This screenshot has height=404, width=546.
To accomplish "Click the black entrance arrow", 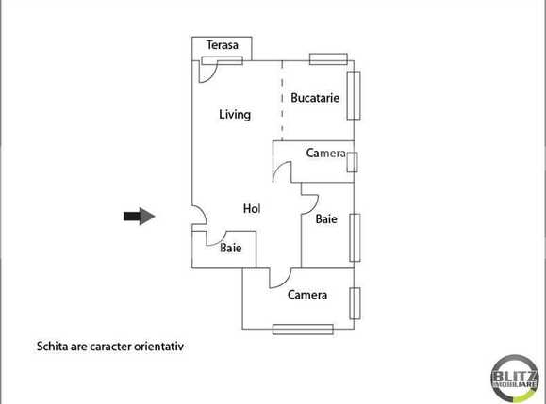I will click(139, 217).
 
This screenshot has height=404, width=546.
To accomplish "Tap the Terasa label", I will click(223, 45).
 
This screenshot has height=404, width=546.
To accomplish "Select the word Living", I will click(235, 115).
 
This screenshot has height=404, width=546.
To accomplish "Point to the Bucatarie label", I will click(315, 98).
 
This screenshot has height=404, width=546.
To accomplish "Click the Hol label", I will click(252, 209).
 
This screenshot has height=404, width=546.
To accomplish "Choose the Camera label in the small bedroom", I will click(327, 153).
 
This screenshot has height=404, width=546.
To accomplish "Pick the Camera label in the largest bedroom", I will click(307, 295).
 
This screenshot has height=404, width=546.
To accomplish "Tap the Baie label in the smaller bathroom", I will click(231, 249).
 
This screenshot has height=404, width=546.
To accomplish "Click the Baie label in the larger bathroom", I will click(326, 219).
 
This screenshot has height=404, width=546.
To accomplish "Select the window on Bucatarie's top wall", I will click(328, 58).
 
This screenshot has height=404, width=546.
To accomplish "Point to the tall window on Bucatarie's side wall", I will click(354, 95).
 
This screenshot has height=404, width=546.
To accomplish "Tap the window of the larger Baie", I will click(355, 236).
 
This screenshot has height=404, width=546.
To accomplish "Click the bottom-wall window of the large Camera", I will click(303, 329).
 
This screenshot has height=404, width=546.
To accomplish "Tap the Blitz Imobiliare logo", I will click(515, 379).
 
